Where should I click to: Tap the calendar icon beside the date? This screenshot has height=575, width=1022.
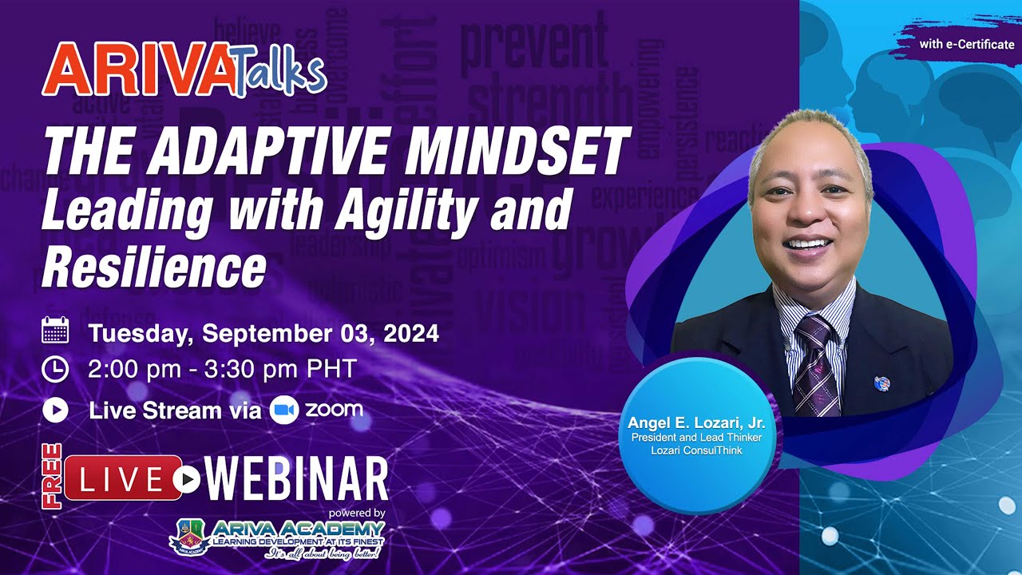[55, 331]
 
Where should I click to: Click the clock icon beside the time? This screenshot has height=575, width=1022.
[55, 370]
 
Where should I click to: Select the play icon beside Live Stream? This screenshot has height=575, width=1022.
[55, 410]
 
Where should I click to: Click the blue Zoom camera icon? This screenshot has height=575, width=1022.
[283, 410]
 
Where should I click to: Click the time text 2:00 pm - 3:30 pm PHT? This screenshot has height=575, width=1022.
[223, 371]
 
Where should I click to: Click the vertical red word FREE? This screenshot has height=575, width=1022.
[53, 478]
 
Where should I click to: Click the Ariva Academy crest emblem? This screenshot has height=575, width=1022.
[190, 535]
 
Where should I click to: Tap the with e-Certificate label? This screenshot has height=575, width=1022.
[966, 44]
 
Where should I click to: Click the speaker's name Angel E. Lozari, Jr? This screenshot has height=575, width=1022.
[696, 422]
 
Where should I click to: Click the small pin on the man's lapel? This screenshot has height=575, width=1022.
[881, 383]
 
